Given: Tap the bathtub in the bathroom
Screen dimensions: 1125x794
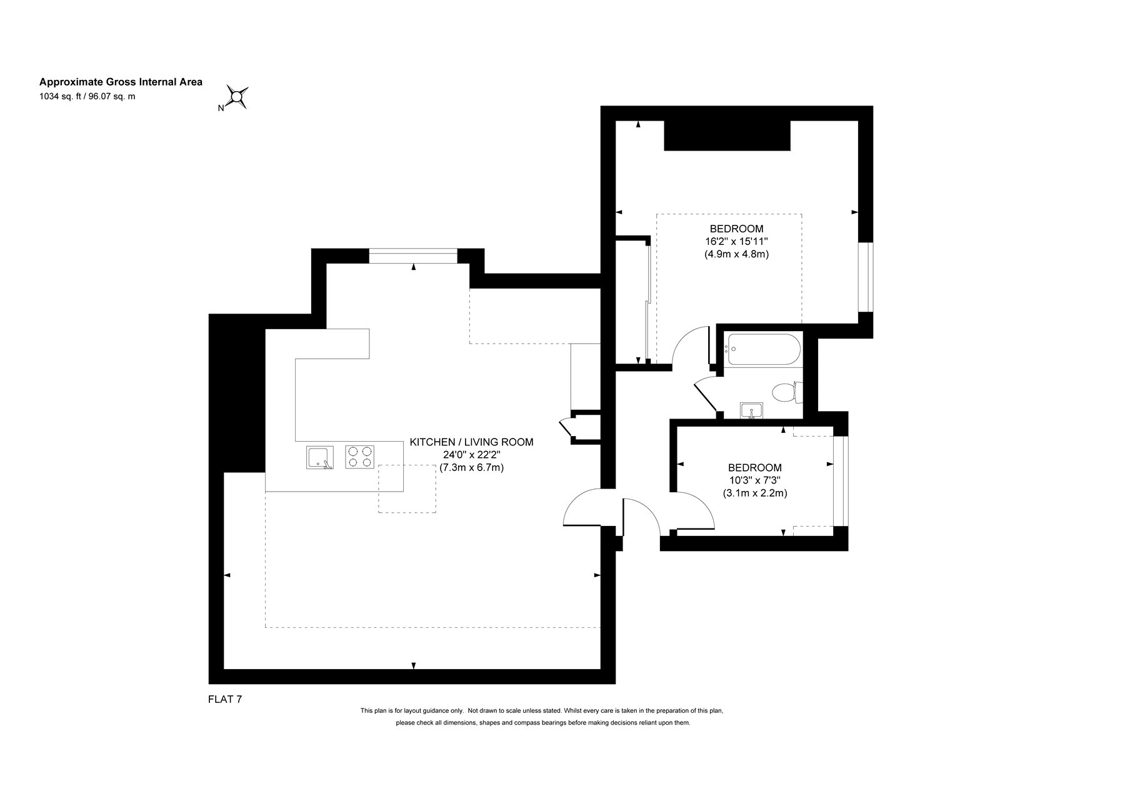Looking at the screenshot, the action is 762,349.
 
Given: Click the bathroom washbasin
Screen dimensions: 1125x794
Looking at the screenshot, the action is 751,410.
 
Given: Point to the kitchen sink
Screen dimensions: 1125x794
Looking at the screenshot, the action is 320,457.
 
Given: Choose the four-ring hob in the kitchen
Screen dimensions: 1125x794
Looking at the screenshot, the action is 360,457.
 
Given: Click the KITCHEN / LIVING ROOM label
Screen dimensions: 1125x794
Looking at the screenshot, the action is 471,442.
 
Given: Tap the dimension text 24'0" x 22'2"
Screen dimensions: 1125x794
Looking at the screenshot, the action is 471,455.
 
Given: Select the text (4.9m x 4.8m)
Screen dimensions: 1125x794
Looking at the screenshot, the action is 736,254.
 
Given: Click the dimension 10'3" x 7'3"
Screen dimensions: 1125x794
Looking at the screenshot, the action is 754,480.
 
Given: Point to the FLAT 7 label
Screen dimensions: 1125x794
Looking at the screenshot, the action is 225,700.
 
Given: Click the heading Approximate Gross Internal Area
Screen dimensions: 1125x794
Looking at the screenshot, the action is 121,82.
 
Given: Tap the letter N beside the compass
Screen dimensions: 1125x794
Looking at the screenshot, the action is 221,108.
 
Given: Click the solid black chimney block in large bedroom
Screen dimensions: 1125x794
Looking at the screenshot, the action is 727,136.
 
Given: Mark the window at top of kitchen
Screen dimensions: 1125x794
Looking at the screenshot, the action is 413,256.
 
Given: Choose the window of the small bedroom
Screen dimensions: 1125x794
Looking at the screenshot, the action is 841,481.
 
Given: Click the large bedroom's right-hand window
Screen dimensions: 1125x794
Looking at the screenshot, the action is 866,277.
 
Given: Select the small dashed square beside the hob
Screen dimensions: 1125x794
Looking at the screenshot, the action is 407,489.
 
